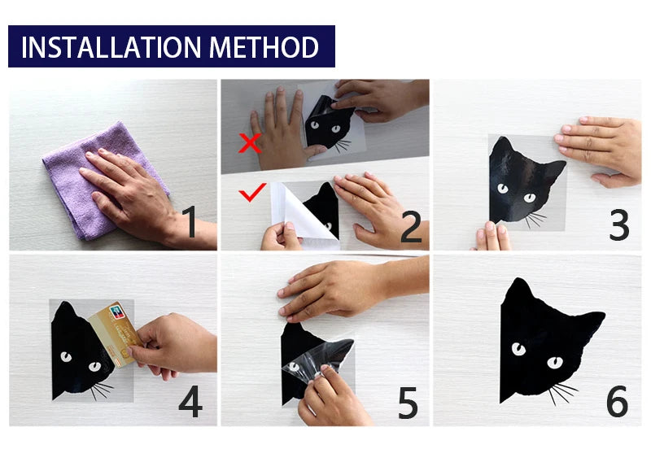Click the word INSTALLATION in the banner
pyautogui.click(x=111, y=47)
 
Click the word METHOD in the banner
pyautogui.click(x=264, y=47)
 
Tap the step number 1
pyautogui.click(x=190, y=222)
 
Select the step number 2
pyautogui.click(x=411, y=227)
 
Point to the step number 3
pyautogui.click(x=619, y=224)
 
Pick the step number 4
pyautogui.click(x=190, y=401)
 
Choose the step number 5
pyautogui.click(x=408, y=403)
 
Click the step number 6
pyautogui.click(x=617, y=401)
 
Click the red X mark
pyautogui.click(x=250, y=142)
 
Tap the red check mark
pyautogui.click(x=252, y=192)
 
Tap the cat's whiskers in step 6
pyautogui.click(x=562, y=393)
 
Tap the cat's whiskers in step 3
pyautogui.click(x=535, y=220)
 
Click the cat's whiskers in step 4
pyautogui.click(x=102, y=390)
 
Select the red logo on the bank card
pyautogui.click(x=117, y=312)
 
